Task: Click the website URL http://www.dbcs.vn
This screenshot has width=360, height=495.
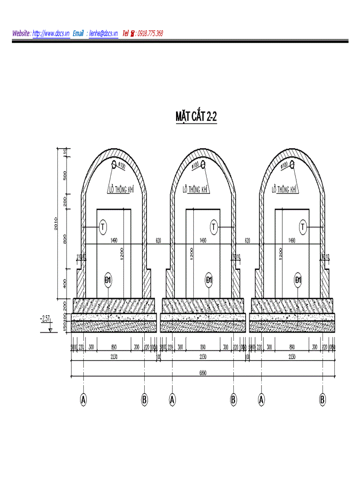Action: pyautogui.click(x=51, y=33)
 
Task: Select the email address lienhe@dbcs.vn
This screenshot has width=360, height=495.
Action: pyautogui.click(x=103, y=33)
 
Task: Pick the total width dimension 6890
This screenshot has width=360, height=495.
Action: pyautogui.click(x=203, y=373)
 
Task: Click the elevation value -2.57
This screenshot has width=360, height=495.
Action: pyautogui.click(x=45, y=317)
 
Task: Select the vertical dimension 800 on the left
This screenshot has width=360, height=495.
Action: pyautogui.click(x=65, y=238)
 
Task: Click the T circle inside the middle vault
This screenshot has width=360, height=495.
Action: pyautogui.click(x=214, y=227)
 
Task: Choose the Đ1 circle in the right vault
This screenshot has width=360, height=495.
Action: pyautogui.click(x=298, y=279)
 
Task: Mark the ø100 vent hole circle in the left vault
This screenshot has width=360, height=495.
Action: pyautogui.click(x=114, y=164)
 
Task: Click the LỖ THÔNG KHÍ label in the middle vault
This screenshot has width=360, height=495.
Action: pyautogui.click(x=195, y=190)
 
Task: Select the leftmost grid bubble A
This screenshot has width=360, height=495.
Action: pyautogui.click(x=83, y=399)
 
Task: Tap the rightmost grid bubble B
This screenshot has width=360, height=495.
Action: pyautogui.click(x=322, y=399)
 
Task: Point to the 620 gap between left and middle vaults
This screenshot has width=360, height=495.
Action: pyautogui.click(x=158, y=241)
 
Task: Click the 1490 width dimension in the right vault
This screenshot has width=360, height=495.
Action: pyautogui.click(x=292, y=241)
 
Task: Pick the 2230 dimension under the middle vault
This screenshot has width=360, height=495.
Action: pyautogui.click(x=203, y=357)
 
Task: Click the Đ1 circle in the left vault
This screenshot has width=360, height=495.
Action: pyautogui.click(x=108, y=279)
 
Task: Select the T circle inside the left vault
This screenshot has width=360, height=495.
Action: pyautogui.click(x=102, y=227)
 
